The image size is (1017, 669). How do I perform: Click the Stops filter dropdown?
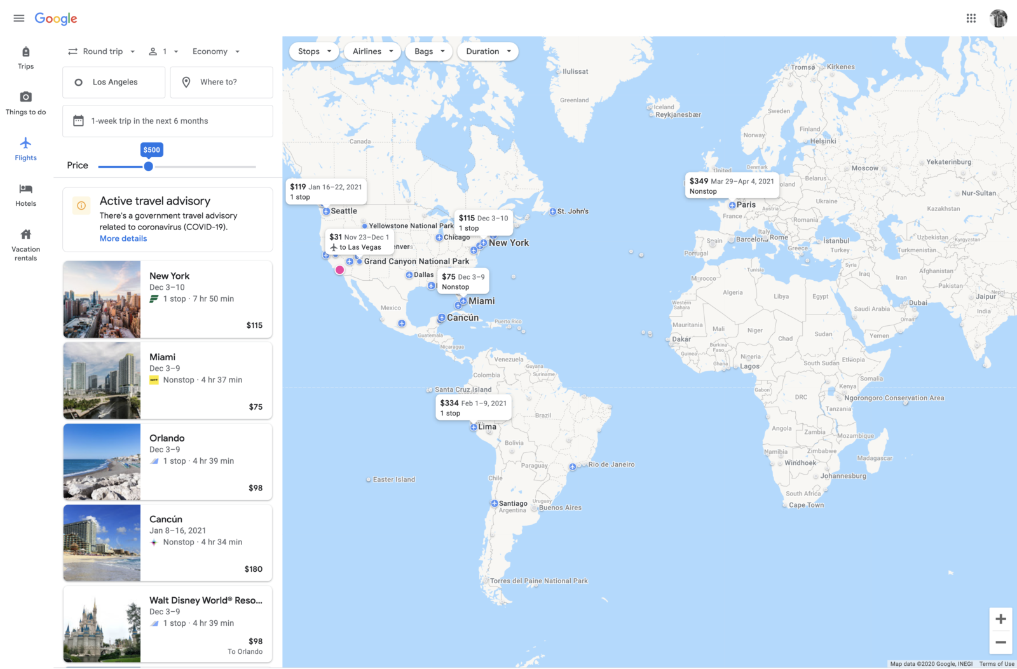click(314, 51)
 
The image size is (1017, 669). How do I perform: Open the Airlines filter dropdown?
click(372, 51)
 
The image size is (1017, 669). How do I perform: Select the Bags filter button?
click(429, 51)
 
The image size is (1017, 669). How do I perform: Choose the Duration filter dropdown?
click(488, 51)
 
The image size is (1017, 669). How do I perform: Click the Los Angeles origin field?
click(114, 82)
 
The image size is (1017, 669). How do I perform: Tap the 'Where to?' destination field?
click(221, 82)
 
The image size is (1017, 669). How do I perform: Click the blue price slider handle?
click(148, 166)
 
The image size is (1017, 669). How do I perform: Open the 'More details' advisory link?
click(123, 239)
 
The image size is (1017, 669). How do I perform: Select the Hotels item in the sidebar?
click(25, 195)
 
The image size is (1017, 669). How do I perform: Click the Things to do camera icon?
click(25, 97)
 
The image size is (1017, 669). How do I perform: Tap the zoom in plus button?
click(1000, 619)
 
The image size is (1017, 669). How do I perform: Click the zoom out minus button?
click(1000, 642)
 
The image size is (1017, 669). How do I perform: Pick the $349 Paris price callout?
click(732, 186)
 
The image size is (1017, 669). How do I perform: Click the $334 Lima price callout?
click(474, 407)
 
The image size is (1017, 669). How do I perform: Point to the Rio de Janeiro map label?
click(611, 464)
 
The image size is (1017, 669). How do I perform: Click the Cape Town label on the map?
click(806, 505)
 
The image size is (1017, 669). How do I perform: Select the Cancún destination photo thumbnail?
click(102, 543)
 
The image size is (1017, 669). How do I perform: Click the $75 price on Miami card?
click(256, 407)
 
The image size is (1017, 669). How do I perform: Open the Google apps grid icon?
click(971, 18)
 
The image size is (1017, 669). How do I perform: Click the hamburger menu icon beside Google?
click(19, 18)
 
